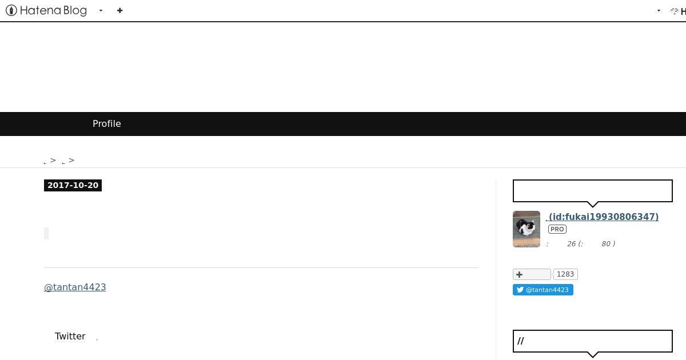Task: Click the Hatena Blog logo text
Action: [53, 10]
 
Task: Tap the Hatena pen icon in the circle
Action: [11, 10]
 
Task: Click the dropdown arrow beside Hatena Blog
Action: [101, 11]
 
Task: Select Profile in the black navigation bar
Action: [106, 123]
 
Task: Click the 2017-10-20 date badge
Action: [73, 185]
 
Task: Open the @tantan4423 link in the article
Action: [75, 287]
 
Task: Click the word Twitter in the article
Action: [70, 336]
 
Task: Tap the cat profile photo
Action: [527, 229]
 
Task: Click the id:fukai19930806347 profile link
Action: [603, 217]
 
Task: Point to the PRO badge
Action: [557, 229]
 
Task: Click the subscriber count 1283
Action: [565, 274]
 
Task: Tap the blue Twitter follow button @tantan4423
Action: [543, 290]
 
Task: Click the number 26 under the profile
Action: [572, 243]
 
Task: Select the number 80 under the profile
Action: [606, 243]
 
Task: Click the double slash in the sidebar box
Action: [521, 341]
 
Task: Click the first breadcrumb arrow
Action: [53, 160]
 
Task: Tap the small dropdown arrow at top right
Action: [659, 11]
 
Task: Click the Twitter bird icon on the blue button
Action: [520, 290]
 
